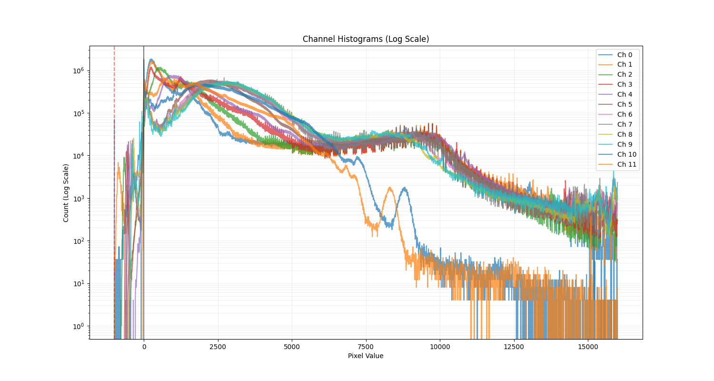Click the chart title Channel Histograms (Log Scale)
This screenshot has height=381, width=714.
coord(366,39)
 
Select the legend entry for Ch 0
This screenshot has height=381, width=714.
coord(625,55)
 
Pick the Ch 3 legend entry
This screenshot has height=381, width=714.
coord(625,84)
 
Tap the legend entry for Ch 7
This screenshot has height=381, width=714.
coord(625,124)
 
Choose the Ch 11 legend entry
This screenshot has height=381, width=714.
coord(626,164)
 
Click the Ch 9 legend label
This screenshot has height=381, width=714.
coord(625,144)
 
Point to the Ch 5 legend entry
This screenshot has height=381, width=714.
coord(625,104)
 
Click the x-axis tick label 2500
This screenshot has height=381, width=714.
coord(218,347)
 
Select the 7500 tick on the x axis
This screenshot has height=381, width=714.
coord(366,347)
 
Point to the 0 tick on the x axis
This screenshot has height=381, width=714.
coord(144,347)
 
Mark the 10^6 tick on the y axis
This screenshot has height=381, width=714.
coord(78,70)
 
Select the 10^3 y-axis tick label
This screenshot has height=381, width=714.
coord(78,198)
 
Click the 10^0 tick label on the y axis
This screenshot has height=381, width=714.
coord(78,326)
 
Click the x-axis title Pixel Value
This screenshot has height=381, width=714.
coord(366,356)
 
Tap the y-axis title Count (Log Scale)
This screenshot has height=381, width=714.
coord(66,192)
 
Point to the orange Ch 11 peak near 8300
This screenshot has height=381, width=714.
coord(390,188)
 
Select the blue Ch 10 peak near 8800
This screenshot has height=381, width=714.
coord(405,188)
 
